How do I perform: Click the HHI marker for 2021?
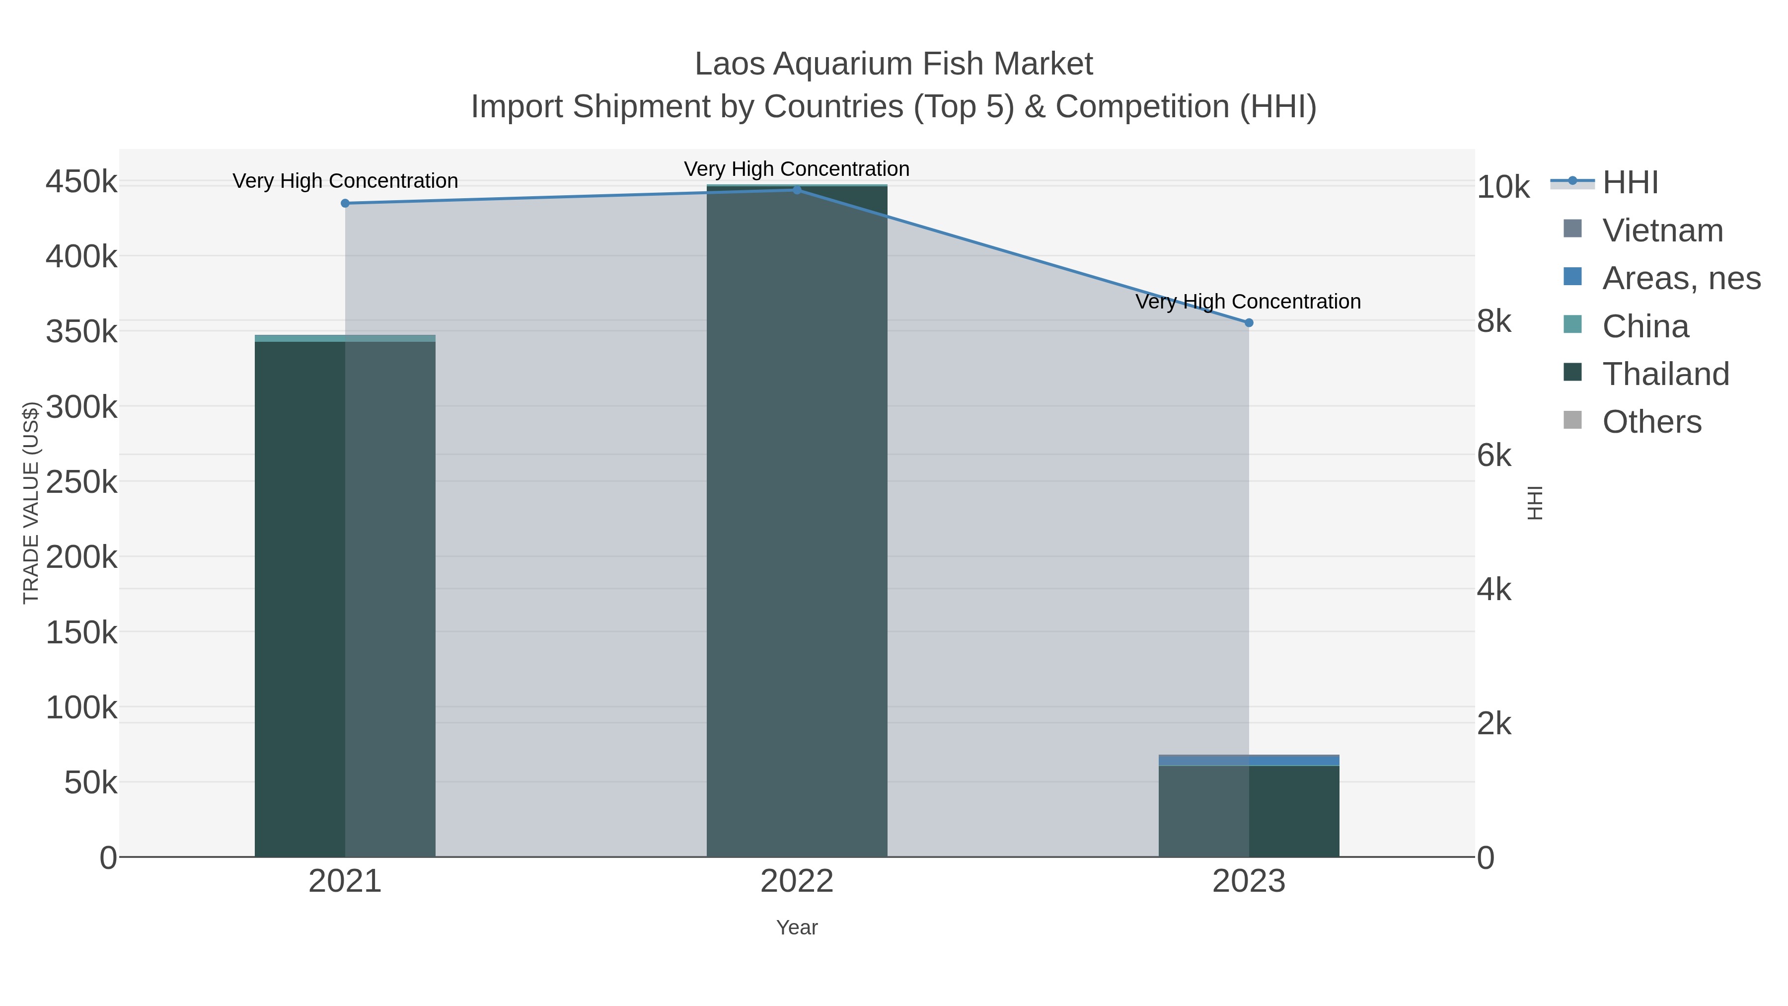click(x=345, y=203)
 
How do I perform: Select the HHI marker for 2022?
click(x=797, y=190)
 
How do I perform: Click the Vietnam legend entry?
click(x=1662, y=231)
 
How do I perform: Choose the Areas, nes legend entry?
click(x=1680, y=278)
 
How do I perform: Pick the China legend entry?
click(x=1645, y=326)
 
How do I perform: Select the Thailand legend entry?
click(x=1665, y=374)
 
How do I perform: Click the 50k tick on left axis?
click(x=90, y=783)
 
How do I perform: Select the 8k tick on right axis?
click(x=1493, y=321)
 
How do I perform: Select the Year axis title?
click(x=797, y=928)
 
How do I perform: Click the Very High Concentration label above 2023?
click(x=1248, y=302)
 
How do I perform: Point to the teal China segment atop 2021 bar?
click(x=345, y=338)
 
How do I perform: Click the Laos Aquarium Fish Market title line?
click(x=894, y=64)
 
